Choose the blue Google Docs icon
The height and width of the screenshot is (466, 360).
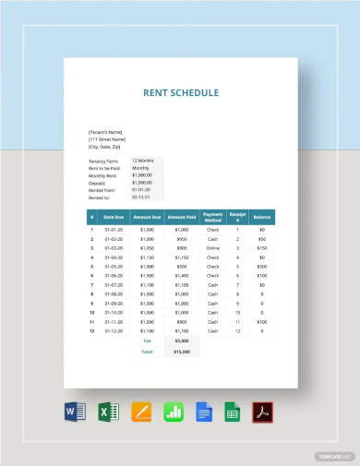pyautogui.click(x=203, y=411)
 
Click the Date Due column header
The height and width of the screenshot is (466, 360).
pyautogui.click(x=114, y=217)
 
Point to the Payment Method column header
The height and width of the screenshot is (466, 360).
pyautogui.click(x=212, y=217)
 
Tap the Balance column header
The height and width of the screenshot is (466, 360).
pyautogui.click(x=262, y=217)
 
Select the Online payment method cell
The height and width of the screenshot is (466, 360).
pyautogui.click(x=212, y=249)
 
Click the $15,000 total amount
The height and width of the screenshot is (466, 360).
pyautogui.click(x=181, y=352)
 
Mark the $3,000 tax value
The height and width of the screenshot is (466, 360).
pyautogui.click(x=181, y=341)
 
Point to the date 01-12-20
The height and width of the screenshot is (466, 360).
pyautogui.click(x=114, y=330)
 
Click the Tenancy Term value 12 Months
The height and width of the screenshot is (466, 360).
pyautogui.click(x=143, y=160)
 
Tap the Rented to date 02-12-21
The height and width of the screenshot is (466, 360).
pyautogui.click(x=140, y=197)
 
